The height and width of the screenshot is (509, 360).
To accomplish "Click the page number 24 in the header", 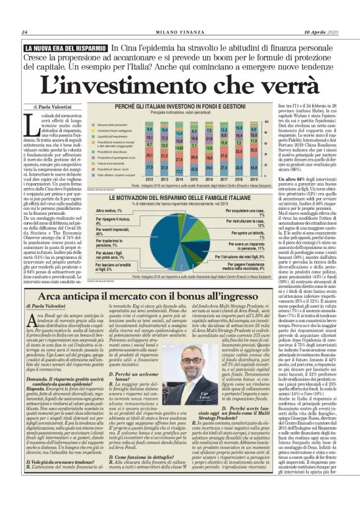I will (x=24, y=32).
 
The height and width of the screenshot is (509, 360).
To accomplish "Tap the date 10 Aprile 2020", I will (x=320, y=32).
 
